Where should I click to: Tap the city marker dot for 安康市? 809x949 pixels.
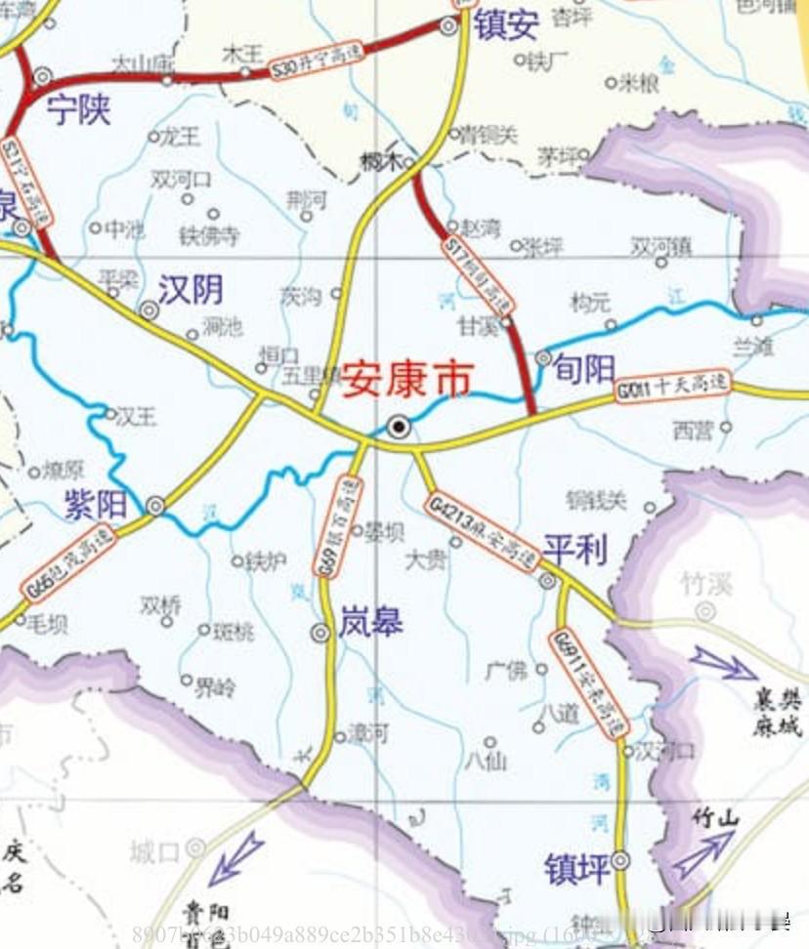pos(399,426)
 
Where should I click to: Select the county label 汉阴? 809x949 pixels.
pos(192,289)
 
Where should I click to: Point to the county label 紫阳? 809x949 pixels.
pos(96,504)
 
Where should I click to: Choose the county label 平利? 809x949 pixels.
pos(575,550)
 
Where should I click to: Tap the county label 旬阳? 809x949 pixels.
pos(584,367)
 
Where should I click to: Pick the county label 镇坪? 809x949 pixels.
pos(577,868)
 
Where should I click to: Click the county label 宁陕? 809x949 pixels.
pos(79,111)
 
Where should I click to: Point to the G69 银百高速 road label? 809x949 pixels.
pos(338,525)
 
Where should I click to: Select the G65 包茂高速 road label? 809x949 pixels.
pos(69,565)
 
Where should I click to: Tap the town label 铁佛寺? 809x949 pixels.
pos(209,235)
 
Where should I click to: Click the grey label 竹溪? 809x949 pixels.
pos(706,584)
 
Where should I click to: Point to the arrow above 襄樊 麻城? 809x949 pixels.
pos(723,664)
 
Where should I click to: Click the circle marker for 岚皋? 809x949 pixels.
pos(319,633)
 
